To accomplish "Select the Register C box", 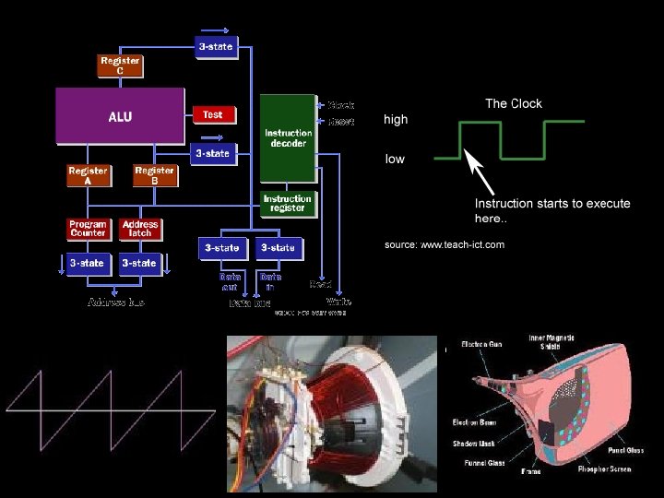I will [120, 65].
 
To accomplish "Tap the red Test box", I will [213, 115].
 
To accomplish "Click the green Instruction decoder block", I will [288, 138].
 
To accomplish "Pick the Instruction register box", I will [288, 204].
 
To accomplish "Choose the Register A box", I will [89, 175].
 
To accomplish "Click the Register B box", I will [155, 175].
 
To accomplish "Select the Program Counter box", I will [89, 229].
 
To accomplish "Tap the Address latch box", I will [140, 229].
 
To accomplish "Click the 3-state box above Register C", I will [216, 46].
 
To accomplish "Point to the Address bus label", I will [115, 302].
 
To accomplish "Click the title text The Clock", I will [514, 103].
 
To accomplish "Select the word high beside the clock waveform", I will [396, 120].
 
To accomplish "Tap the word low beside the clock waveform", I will [395, 160].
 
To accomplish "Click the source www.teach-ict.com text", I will [444, 244].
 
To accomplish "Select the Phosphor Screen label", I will [604, 469].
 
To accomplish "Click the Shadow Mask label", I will [473, 443].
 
